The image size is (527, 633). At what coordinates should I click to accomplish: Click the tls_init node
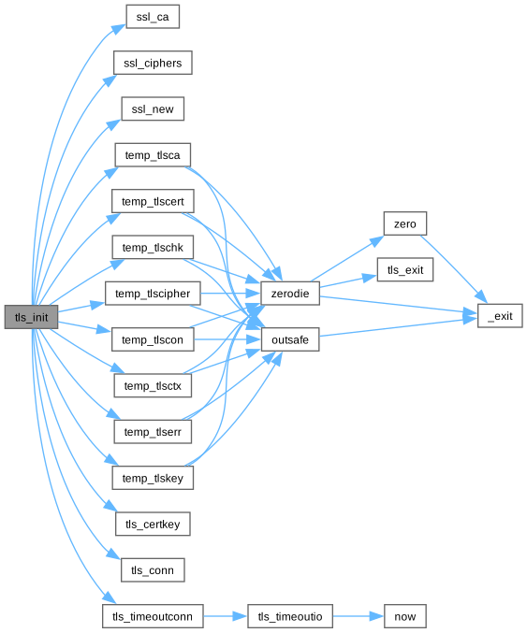pyautogui.click(x=31, y=317)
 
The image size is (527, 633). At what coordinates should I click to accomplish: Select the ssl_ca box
pyautogui.click(x=153, y=17)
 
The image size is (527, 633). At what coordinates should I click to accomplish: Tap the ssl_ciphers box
pyautogui.click(x=153, y=63)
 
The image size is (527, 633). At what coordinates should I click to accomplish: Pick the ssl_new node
pyautogui.click(x=153, y=108)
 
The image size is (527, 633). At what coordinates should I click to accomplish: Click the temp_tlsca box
pyautogui.click(x=153, y=154)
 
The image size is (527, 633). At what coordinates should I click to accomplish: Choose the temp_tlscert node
pyautogui.click(x=153, y=201)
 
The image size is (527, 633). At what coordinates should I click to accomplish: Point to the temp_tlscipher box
pyautogui.click(x=153, y=294)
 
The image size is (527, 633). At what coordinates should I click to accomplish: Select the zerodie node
pyautogui.click(x=290, y=294)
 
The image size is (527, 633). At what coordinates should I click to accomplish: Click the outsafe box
pyautogui.click(x=290, y=339)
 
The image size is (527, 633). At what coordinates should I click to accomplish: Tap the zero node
pyautogui.click(x=405, y=223)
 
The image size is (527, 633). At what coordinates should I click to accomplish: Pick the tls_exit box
pyautogui.click(x=405, y=269)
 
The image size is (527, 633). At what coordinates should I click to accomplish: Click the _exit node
pyautogui.click(x=500, y=316)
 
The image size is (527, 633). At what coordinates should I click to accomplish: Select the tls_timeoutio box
pyautogui.click(x=290, y=616)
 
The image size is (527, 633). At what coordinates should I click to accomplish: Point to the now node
pyautogui.click(x=405, y=616)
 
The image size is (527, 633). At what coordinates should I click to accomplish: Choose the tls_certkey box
pyautogui.click(x=153, y=524)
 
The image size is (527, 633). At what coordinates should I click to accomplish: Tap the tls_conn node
pyautogui.click(x=153, y=570)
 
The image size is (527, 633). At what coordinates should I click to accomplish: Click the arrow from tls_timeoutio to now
pyautogui.click(x=359, y=616)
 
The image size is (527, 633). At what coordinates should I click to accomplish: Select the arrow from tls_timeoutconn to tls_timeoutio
pyautogui.click(x=225, y=616)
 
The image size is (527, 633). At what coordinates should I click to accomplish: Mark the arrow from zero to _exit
pyautogui.click(x=454, y=269)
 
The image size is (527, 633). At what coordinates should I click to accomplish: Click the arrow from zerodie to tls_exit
pyautogui.click(x=348, y=281)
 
